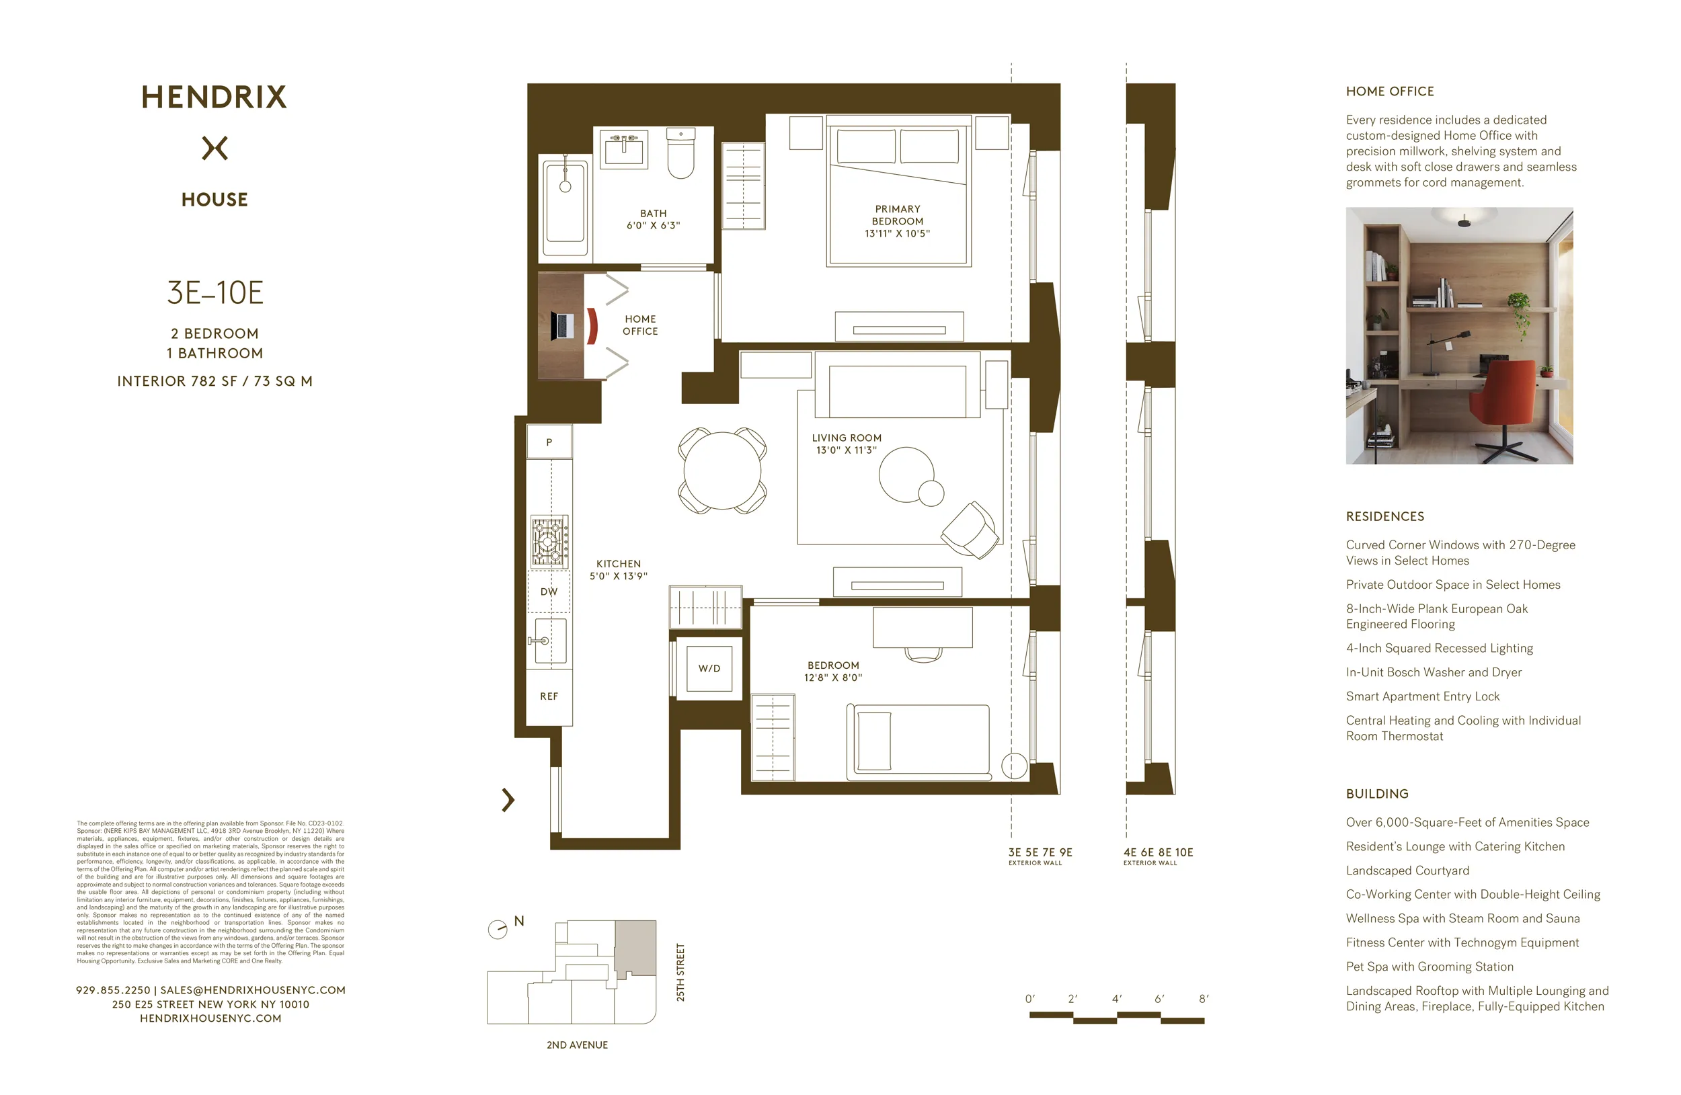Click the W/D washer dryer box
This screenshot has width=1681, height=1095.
point(709,668)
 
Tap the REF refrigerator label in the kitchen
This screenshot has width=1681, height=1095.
point(549,696)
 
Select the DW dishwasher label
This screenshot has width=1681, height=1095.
point(549,592)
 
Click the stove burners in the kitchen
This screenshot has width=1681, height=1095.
point(549,542)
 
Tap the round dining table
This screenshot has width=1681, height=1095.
point(722,470)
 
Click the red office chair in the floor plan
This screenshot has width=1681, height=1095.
point(592,325)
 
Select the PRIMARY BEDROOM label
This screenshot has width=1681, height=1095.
point(897,214)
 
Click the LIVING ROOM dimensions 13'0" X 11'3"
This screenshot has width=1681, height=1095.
point(846,450)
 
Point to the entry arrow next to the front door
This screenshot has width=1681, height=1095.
point(508,799)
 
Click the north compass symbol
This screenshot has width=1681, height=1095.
point(498,929)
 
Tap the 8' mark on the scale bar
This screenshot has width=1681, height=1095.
point(1204,998)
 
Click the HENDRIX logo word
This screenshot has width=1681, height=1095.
point(214,97)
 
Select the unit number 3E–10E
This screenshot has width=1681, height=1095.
point(214,292)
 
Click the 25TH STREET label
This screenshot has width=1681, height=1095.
point(680,971)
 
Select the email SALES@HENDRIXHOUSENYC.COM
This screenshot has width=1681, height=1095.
point(253,990)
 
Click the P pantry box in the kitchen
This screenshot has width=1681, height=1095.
point(549,442)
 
